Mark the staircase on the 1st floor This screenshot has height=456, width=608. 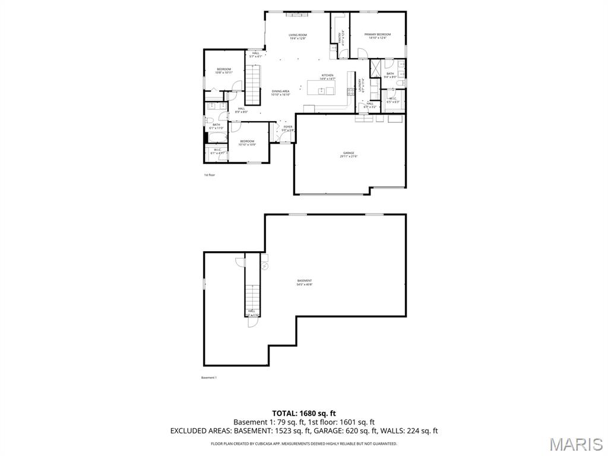[254, 84]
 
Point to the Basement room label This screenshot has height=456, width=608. [305, 282]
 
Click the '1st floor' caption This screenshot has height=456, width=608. [210, 175]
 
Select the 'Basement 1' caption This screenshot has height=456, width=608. [209, 378]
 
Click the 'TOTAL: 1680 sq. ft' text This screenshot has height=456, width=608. [304, 413]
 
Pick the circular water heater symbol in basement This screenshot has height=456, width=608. [265, 267]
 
